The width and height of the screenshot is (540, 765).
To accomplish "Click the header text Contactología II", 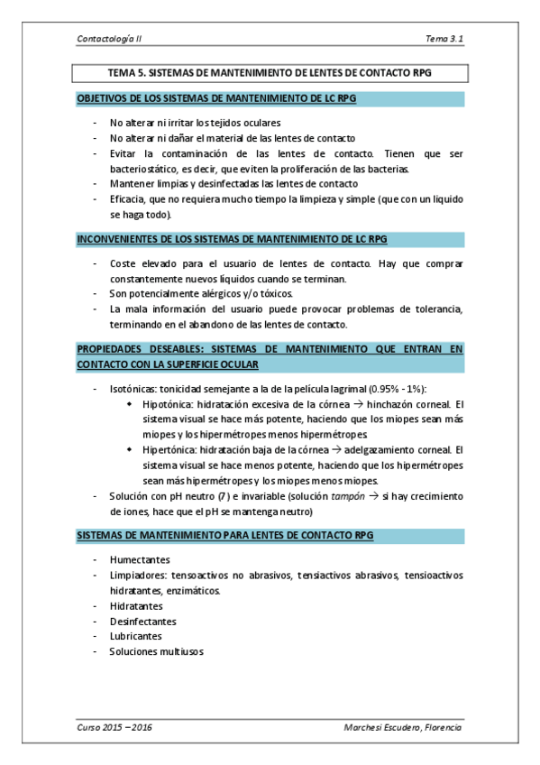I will click(111, 39).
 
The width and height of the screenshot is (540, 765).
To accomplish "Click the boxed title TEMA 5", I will click(269, 74).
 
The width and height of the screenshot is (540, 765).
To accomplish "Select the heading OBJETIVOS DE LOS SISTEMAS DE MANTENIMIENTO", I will click(217, 98).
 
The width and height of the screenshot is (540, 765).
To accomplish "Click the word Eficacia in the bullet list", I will click(128, 199).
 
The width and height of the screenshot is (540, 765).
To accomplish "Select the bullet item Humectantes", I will click(140, 559).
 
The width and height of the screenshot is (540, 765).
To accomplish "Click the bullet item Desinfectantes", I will click(142, 621).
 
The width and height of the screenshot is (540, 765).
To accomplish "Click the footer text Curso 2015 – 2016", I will click(114, 727).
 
